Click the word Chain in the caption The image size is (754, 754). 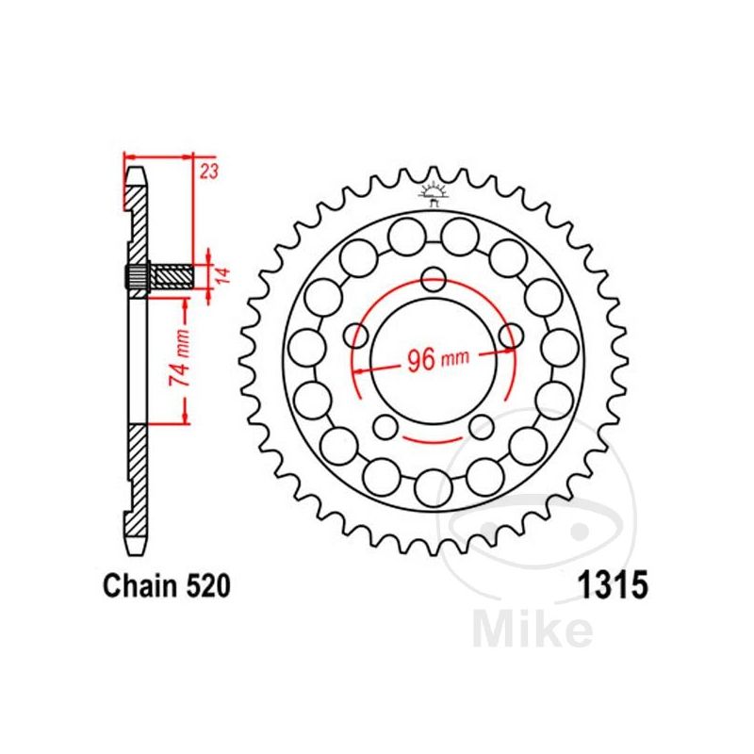pos(133,588)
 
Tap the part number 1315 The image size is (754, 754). pos(610,588)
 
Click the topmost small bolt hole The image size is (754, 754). pos(434,279)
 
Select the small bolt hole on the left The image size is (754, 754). pos(357,336)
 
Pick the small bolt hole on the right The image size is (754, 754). pos(511,336)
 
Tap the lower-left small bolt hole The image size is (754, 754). pos(386,425)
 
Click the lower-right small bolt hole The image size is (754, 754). pos(481,425)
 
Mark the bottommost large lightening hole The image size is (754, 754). pos(434,486)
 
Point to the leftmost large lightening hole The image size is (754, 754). pos(306,348)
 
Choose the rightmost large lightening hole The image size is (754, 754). pos(561,348)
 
